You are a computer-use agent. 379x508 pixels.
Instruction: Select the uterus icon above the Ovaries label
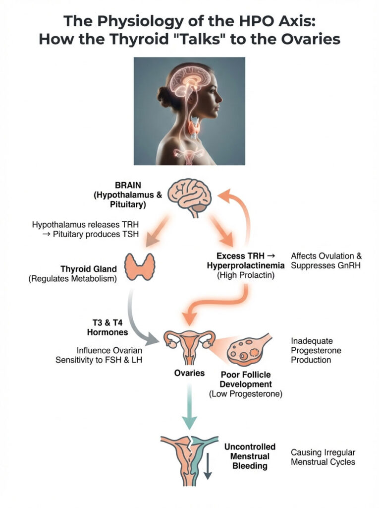pyautogui.click(x=190, y=348)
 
